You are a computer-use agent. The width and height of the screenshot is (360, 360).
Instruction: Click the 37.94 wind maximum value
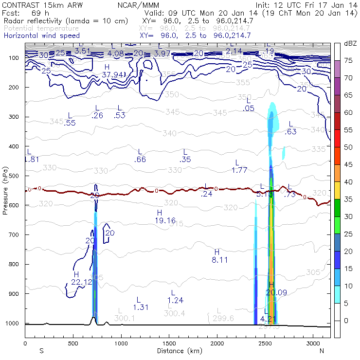click(113, 74)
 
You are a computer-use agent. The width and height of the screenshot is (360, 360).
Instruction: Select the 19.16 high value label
click(165, 221)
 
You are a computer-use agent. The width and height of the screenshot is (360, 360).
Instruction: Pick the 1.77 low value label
click(240, 170)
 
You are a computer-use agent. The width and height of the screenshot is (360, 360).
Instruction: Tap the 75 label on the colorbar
click(348, 61)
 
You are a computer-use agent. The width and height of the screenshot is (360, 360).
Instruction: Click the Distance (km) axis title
click(177, 351)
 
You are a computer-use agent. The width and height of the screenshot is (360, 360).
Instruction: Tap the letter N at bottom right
click(322, 351)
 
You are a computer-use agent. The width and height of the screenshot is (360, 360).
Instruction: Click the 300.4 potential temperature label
click(175, 313)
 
